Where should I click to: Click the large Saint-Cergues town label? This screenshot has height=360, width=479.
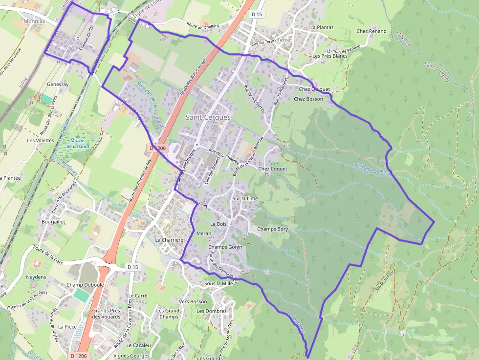tap(208, 117)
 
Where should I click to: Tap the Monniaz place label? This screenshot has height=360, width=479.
tap(34, 21)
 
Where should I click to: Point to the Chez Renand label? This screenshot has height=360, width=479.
tap(371, 31)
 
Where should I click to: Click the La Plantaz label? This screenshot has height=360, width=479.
tap(322, 27)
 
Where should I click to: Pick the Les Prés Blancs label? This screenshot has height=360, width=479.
tap(330, 56)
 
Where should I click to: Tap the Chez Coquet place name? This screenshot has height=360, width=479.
tap(273, 169)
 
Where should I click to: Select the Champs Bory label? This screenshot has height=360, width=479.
tap(273, 229)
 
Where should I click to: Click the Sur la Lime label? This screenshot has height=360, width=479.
tap(245, 198)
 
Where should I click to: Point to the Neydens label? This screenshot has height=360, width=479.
tap(36, 277)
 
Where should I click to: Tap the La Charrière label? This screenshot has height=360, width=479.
tap(169, 240)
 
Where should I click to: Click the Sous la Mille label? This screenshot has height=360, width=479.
tap(219, 283)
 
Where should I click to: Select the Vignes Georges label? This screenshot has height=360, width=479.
tap(132, 356)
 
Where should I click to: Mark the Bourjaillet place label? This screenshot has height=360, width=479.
tap(54, 221)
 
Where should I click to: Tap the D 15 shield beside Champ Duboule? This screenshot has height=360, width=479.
tap(133, 267)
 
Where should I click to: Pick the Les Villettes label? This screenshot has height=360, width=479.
tap(41, 140)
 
